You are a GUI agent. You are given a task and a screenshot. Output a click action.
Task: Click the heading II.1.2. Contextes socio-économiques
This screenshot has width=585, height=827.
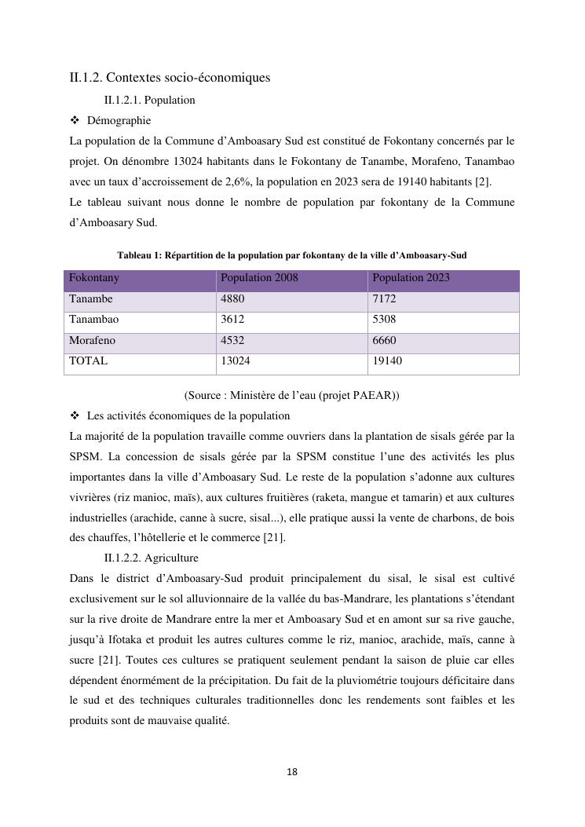(170, 78)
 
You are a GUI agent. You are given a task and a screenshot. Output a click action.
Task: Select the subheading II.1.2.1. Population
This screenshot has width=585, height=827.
(149, 101)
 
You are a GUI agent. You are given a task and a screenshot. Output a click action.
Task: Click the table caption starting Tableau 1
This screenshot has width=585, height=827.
(291, 255)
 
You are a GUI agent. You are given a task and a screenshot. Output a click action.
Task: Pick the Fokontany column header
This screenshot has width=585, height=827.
(94, 278)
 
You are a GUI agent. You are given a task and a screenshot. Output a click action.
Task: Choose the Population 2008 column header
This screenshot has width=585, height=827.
(259, 278)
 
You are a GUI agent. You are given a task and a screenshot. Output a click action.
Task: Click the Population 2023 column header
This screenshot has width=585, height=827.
(411, 278)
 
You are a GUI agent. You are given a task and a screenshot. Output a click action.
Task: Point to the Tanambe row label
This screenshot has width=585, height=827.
(90, 299)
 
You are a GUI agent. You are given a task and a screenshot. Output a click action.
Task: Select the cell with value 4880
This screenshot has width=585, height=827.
(233, 299)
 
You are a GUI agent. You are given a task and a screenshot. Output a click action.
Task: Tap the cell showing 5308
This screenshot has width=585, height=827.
(384, 320)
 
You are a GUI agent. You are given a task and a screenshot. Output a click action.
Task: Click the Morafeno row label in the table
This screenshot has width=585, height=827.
(92, 341)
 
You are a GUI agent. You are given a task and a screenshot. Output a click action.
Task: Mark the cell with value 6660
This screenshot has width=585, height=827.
(384, 341)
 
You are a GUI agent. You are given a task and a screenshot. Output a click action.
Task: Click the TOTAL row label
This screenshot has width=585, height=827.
(88, 361)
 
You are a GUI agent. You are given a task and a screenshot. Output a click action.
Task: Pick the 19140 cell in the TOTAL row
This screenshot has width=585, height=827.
(387, 361)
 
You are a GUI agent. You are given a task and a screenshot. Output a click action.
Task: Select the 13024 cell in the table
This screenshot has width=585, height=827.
(236, 361)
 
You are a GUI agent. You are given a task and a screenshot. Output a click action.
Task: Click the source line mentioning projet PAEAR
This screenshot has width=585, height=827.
(291, 395)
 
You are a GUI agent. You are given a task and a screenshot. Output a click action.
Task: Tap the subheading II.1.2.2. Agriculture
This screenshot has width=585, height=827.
(151, 558)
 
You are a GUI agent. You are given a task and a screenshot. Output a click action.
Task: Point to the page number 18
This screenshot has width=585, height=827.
(292, 772)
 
